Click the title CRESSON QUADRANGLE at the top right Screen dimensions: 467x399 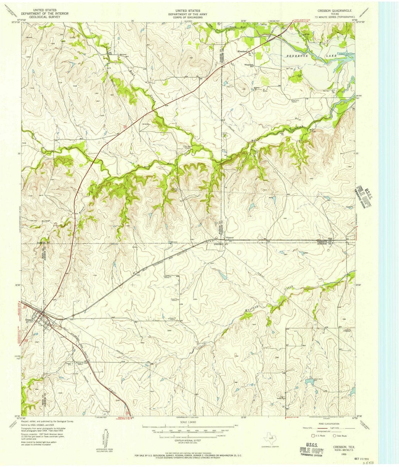tap(332, 11)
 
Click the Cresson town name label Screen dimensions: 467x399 tap(30, 320)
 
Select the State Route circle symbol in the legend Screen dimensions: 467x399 tap(334, 436)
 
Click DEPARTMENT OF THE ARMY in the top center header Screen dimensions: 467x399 tap(188, 14)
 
